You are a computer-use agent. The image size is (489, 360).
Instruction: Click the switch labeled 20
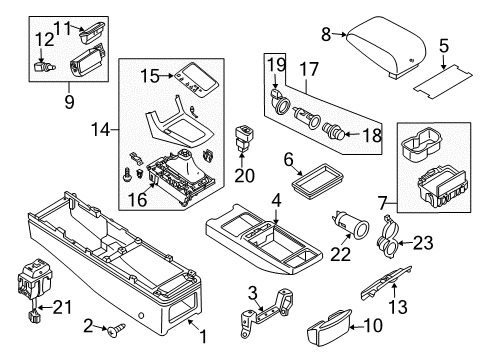245,140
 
